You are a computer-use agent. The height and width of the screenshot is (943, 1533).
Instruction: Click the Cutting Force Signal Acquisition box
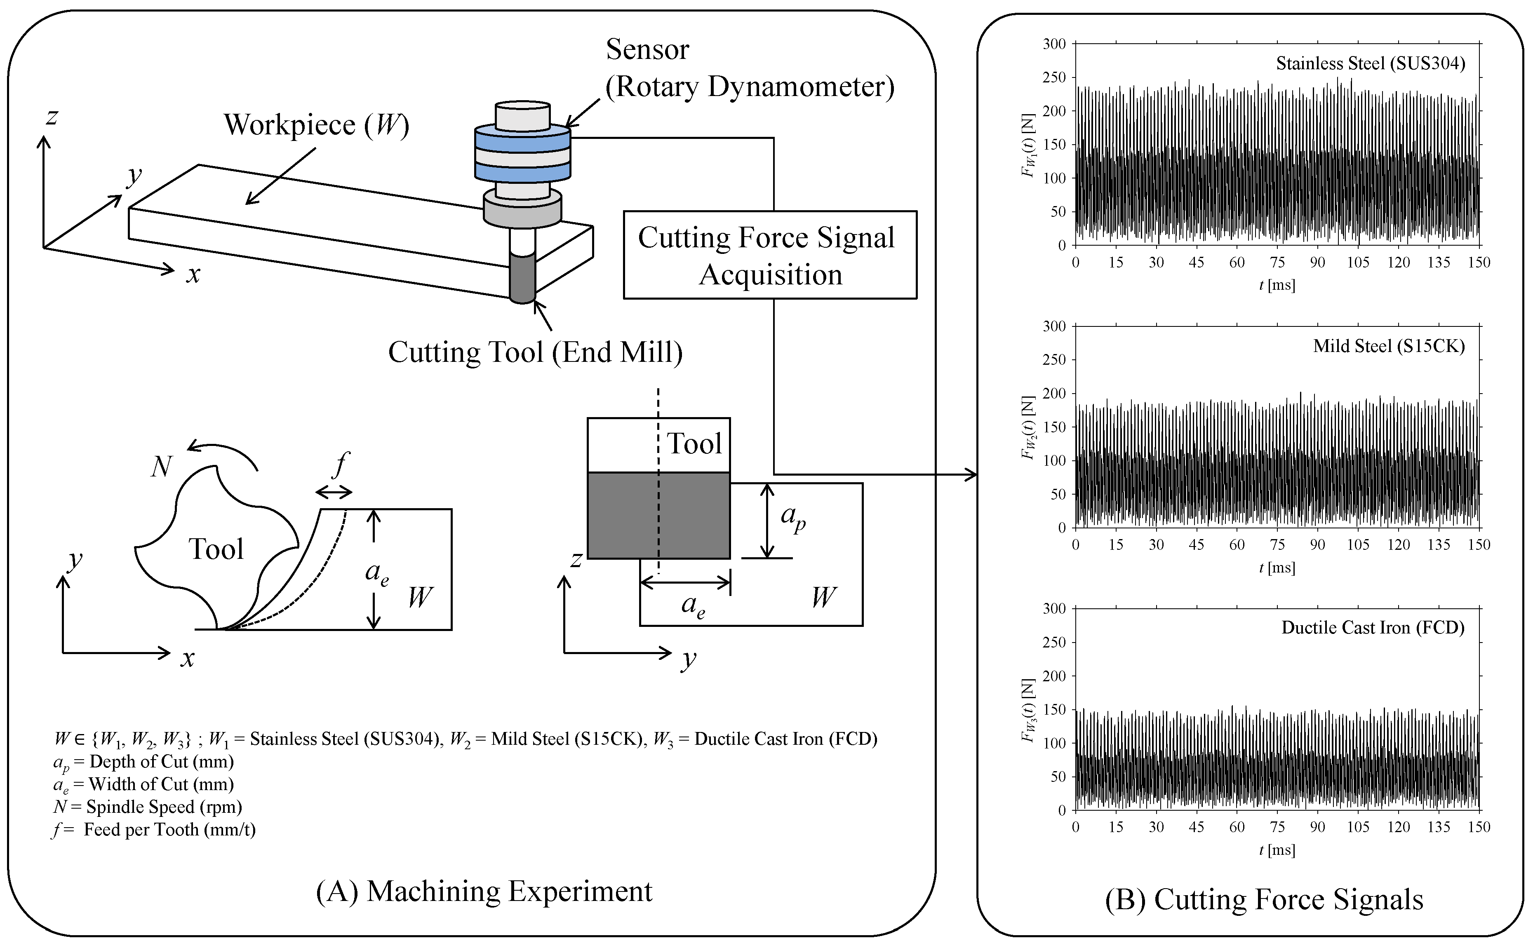click(769, 255)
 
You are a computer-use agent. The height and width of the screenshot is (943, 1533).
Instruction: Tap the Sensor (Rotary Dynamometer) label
click(749, 68)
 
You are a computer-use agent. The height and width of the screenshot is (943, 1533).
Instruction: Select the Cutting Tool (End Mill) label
click(535, 352)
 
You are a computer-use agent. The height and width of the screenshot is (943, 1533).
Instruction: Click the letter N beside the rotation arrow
click(162, 467)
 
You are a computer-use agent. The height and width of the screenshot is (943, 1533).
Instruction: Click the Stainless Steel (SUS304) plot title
click(1370, 63)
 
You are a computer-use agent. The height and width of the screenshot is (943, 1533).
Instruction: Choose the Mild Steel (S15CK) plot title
click(1388, 346)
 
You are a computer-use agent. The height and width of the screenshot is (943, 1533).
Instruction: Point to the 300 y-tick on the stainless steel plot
click(1054, 44)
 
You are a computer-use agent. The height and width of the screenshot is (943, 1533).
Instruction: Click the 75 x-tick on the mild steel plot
click(1277, 544)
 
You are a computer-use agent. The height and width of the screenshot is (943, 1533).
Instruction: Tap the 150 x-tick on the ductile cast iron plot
click(1479, 827)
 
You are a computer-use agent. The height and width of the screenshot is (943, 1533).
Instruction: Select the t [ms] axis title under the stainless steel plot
click(1277, 286)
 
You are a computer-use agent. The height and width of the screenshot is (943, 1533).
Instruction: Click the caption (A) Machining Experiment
click(484, 891)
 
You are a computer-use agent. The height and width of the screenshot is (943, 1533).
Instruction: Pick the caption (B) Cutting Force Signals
click(1264, 899)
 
